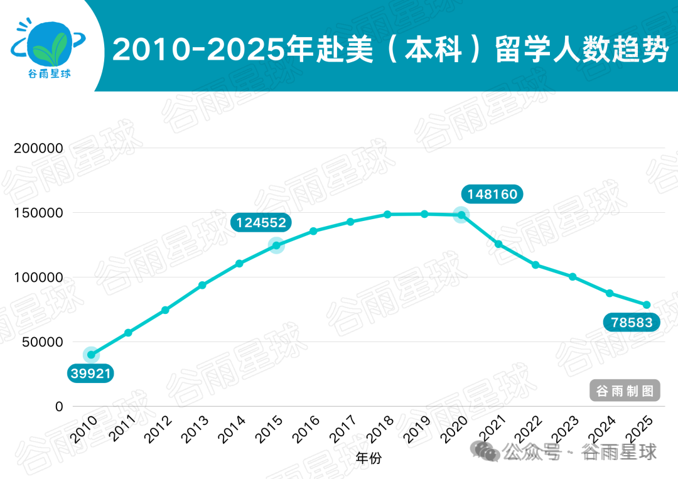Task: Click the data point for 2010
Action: pyautogui.click(x=91, y=355)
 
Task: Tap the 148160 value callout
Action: pyautogui.click(x=492, y=194)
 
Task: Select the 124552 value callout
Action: pyautogui.click(x=261, y=222)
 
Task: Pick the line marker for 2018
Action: pyautogui.click(x=387, y=215)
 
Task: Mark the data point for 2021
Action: pyautogui.click(x=498, y=244)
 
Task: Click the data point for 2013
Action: pyautogui.click(x=202, y=285)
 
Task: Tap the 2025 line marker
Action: pyautogui.click(x=647, y=305)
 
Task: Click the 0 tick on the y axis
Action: pyautogui.click(x=59, y=407)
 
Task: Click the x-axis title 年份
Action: pyautogui.click(x=368, y=458)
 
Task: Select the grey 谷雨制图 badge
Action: pyautogui.click(x=625, y=391)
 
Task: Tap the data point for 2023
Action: pyautogui.click(x=573, y=276)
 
